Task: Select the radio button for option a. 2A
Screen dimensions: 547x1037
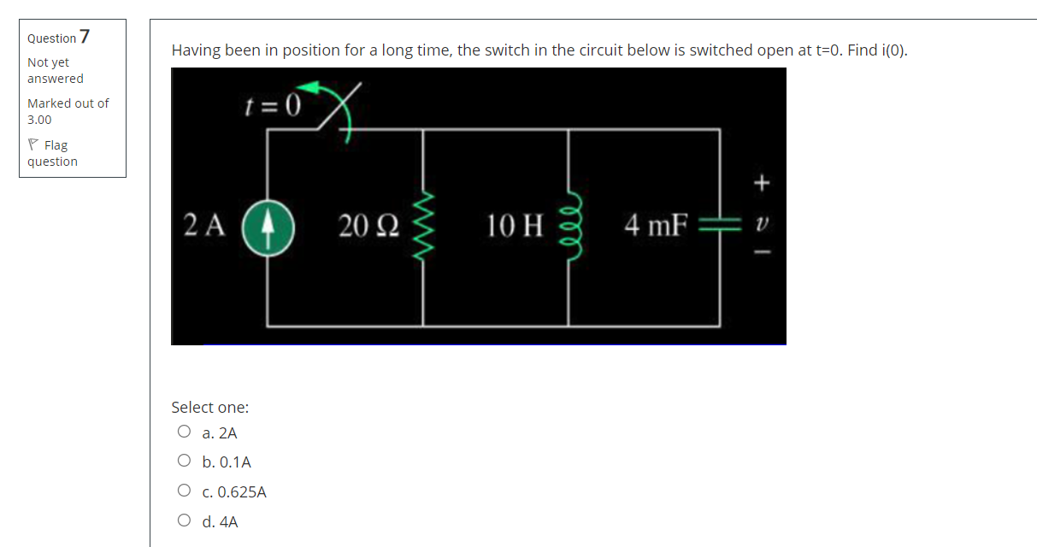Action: (183, 432)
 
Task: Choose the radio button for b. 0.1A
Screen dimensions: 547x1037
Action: (183, 462)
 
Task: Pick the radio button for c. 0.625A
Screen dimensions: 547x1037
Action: (183, 491)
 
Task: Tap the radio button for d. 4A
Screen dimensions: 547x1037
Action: (183, 521)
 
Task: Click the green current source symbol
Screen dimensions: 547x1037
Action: (268, 227)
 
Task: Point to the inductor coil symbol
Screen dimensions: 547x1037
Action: (570, 226)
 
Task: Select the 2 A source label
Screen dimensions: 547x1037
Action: (205, 226)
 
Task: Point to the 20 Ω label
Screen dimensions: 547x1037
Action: (368, 226)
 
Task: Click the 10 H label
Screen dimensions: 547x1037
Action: (515, 226)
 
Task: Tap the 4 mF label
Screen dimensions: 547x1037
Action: (656, 226)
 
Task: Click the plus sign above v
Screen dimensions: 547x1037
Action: (761, 182)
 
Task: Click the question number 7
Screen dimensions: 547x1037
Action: (85, 37)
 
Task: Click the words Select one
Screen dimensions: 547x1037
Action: (209, 408)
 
